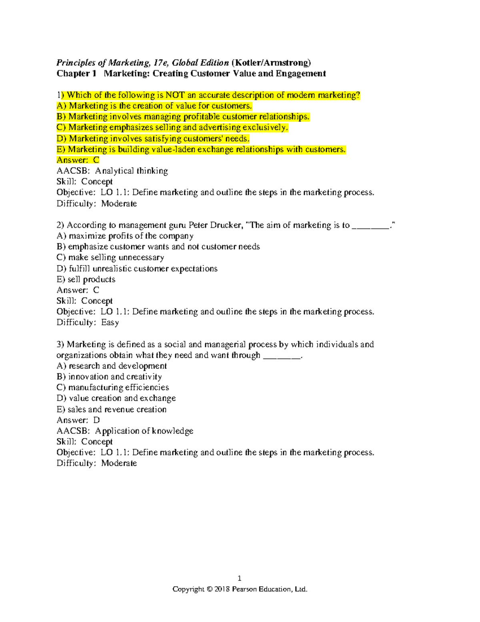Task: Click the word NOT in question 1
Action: pos(175,95)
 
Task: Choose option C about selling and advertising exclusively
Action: pos(172,127)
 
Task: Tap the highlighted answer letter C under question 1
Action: pos(96,160)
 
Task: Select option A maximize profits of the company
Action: pos(125,236)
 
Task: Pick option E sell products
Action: pos(86,279)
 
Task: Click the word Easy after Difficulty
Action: pos(110,322)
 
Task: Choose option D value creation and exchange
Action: pos(116,398)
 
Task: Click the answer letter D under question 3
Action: pos(96,420)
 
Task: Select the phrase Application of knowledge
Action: pos(144,431)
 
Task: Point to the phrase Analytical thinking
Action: pos(131,171)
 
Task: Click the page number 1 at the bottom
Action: pos(240,578)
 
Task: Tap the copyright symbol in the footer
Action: pos(209,589)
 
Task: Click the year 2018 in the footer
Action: pos(222,589)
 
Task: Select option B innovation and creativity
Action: pos(110,376)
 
